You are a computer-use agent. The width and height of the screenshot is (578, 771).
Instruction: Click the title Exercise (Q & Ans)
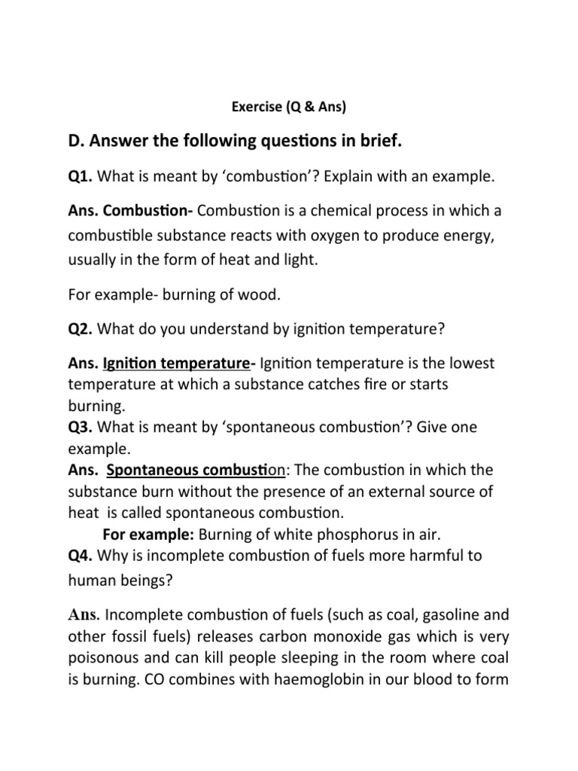coord(288,106)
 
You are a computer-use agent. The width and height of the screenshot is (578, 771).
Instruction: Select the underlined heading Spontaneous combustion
coord(195,471)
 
